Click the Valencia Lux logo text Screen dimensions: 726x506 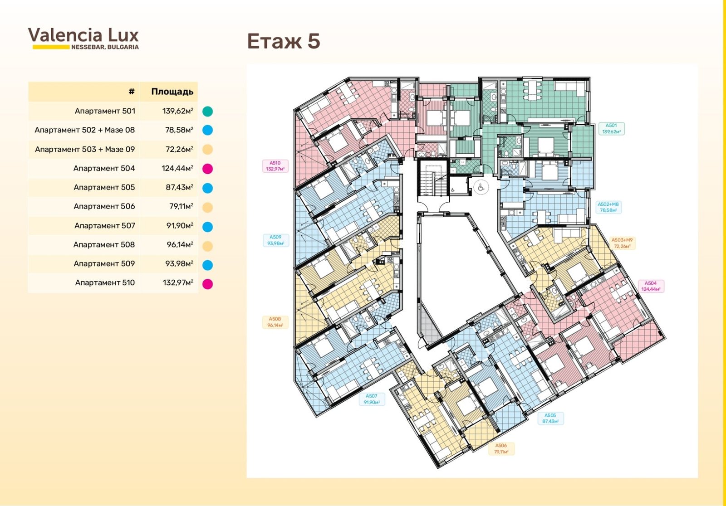click(83, 35)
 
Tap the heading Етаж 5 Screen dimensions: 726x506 click(284, 41)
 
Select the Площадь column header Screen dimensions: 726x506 click(172, 92)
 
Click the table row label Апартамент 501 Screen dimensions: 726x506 click(105, 111)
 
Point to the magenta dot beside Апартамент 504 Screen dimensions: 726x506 click(207, 169)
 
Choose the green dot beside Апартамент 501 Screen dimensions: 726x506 click(207, 112)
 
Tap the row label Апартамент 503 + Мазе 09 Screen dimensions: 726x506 click(84, 149)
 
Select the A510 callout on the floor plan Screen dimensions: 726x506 click(275, 166)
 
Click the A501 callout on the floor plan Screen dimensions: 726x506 click(611, 129)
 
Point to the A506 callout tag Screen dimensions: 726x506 click(501, 449)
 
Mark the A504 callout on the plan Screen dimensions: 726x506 click(651, 286)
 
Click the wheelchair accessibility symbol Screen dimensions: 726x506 click(481, 187)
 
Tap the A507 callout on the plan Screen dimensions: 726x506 click(372, 399)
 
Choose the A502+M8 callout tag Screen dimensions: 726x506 click(608, 207)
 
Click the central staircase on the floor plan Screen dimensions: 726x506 click(433, 178)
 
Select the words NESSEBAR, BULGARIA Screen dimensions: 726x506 click(105, 47)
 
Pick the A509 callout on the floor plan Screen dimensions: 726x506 click(275, 240)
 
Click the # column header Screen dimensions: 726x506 click(132, 91)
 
